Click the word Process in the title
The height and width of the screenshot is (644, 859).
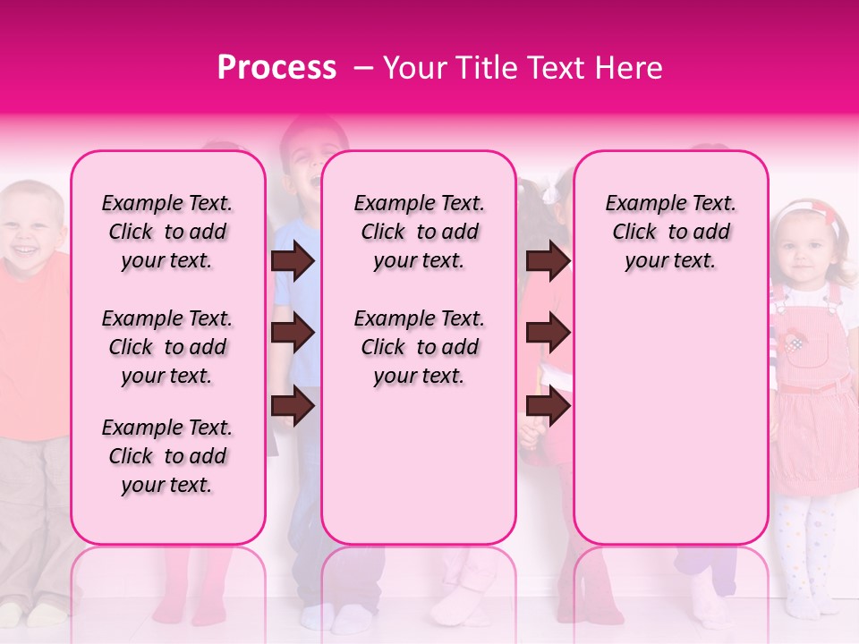click(x=276, y=68)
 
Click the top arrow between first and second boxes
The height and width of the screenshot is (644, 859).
click(x=293, y=261)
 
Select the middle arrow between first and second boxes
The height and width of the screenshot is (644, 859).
click(x=293, y=333)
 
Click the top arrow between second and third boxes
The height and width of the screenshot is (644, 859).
click(x=548, y=261)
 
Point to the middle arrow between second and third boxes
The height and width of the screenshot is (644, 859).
click(x=548, y=333)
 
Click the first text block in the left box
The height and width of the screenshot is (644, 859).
click(x=167, y=232)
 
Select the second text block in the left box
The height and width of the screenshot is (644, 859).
click(x=167, y=347)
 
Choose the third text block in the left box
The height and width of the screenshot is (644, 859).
click(x=167, y=456)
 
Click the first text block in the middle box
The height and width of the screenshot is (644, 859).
click(x=419, y=232)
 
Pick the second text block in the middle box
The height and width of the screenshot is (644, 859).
click(x=419, y=347)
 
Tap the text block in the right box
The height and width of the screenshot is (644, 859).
click(x=670, y=232)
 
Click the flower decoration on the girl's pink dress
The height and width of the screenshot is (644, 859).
click(x=794, y=342)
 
